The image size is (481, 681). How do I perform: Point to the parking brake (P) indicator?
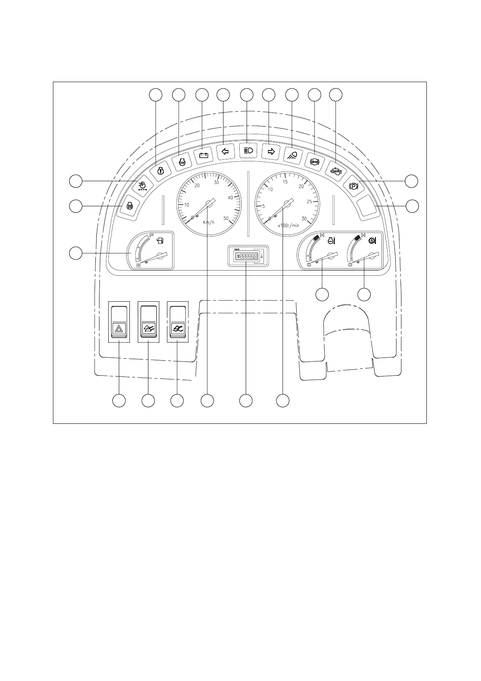point(354,186)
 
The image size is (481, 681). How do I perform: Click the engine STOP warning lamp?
point(182,162)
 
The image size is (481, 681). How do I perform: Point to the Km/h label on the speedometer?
point(209,222)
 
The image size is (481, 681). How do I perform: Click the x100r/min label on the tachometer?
point(289,226)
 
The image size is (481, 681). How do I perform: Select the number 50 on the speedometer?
point(226,218)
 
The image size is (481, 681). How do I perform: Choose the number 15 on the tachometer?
point(285,182)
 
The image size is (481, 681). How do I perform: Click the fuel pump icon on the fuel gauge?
point(160,242)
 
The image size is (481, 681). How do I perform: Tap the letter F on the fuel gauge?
point(152,236)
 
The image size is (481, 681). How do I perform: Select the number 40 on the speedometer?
point(230,198)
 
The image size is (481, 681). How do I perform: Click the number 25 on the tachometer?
point(310,202)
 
